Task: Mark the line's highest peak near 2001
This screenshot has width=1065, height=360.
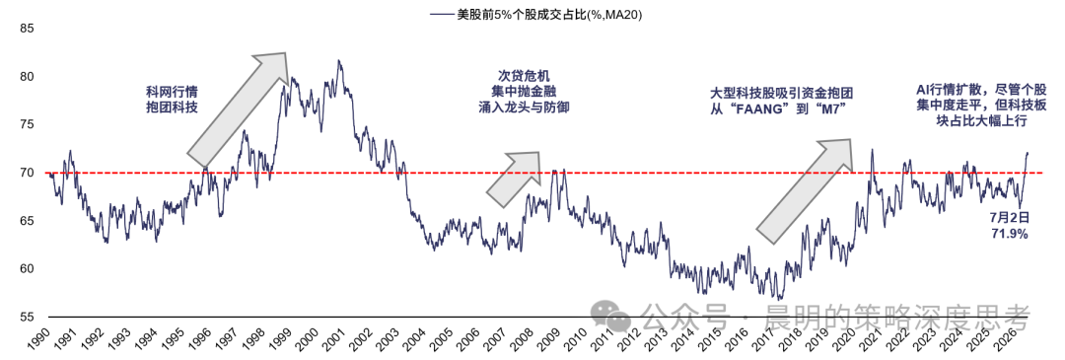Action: tap(338, 60)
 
